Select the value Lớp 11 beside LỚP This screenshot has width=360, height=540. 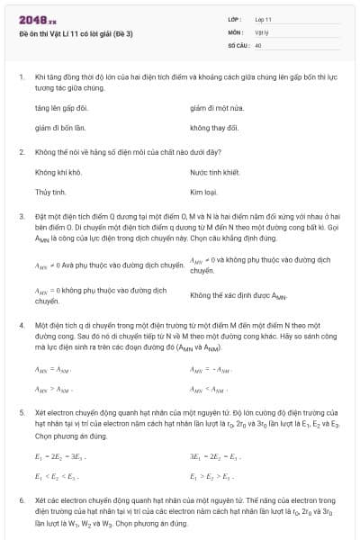point(263,19)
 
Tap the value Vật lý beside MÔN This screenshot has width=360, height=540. point(261,31)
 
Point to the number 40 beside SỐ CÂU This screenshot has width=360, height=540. point(258,44)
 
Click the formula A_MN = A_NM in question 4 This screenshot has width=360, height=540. point(51,369)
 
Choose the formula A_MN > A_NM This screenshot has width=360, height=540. point(51,390)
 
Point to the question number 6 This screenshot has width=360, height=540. point(21,499)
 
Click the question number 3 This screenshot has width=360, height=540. point(21,216)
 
